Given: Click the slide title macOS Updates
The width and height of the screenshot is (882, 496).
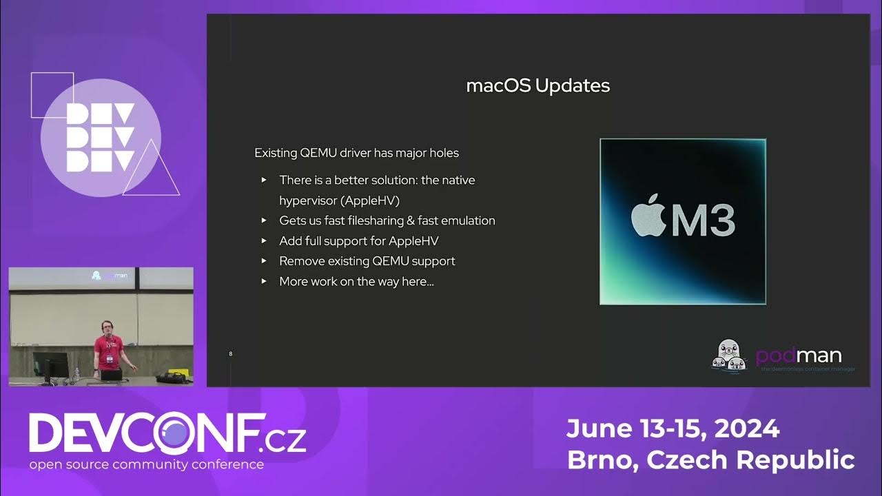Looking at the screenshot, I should (x=537, y=86).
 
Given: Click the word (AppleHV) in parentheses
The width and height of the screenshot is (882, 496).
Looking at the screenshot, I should (x=370, y=200).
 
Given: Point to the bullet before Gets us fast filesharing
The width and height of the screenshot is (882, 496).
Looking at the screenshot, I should (x=264, y=221).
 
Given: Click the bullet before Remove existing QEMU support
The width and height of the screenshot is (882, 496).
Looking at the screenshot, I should (x=264, y=261).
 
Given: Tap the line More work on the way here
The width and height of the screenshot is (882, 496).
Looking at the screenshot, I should (x=356, y=281).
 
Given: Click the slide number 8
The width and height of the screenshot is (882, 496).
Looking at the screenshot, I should (x=230, y=353).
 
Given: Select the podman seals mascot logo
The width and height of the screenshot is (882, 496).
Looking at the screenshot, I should (x=730, y=355).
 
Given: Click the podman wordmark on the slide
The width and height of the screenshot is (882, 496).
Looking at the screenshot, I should (x=799, y=355).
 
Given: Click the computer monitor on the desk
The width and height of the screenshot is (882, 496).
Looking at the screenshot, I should (x=50, y=364).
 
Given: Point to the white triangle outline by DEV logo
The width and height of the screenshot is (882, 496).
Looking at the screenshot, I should (x=152, y=170).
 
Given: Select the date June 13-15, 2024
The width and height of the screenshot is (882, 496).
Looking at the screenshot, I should (x=673, y=429).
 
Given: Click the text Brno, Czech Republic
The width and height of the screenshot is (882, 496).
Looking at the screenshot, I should (x=710, y=459).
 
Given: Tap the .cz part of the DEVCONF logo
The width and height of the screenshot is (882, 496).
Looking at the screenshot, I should (x=286, y=439).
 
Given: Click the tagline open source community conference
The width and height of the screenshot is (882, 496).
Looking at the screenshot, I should (x=146, y=464).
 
